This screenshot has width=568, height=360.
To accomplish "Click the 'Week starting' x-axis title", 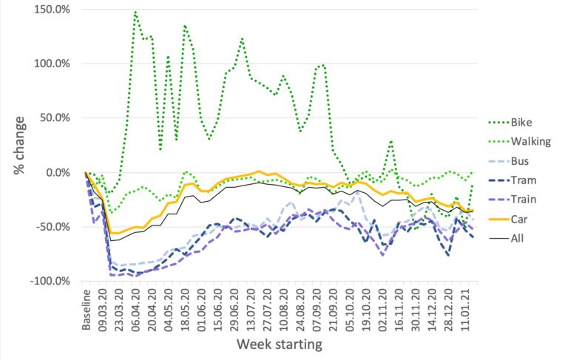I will (x=279, y=345).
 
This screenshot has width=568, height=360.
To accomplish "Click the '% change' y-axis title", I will (x=18, y=146).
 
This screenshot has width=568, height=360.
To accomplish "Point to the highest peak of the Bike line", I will (x=135, y=12).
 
